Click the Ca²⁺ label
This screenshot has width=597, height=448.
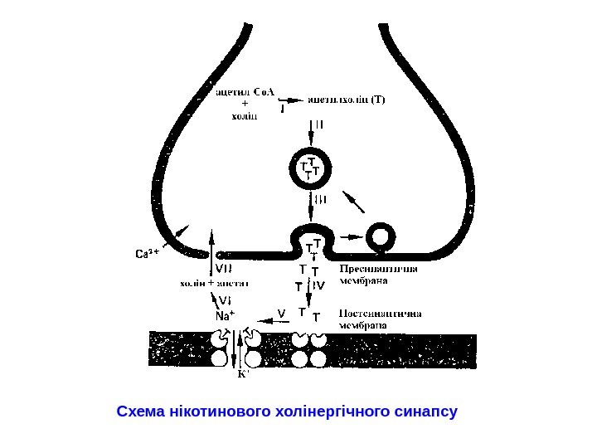(x=147, y=252)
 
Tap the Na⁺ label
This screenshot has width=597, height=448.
(x=224, y=315)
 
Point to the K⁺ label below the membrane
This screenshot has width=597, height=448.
(x=243, y=373)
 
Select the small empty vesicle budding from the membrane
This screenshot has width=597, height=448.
(x=381, y=236)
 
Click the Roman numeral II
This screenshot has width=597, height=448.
(x=321, y=127)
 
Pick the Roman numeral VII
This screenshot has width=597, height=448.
(x=225, y=269)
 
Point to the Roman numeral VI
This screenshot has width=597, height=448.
(x=224, y=299)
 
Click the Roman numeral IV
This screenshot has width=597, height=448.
(x=320, y=285)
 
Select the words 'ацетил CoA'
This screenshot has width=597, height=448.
(x=249, y=90)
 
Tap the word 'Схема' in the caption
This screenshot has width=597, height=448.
(x=141, y=411)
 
